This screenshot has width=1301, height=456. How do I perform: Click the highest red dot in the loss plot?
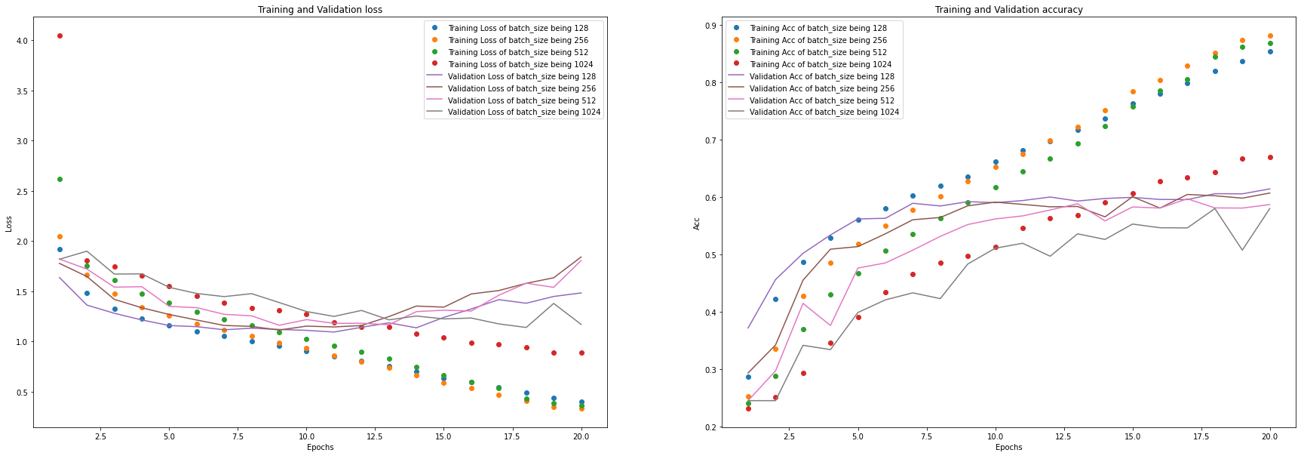pos(60,35)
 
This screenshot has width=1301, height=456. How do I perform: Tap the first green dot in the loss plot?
pos(60,179)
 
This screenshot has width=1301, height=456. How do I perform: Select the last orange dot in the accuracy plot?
pos(1270,35)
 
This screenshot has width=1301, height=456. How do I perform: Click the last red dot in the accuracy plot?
pos(1270,157)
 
